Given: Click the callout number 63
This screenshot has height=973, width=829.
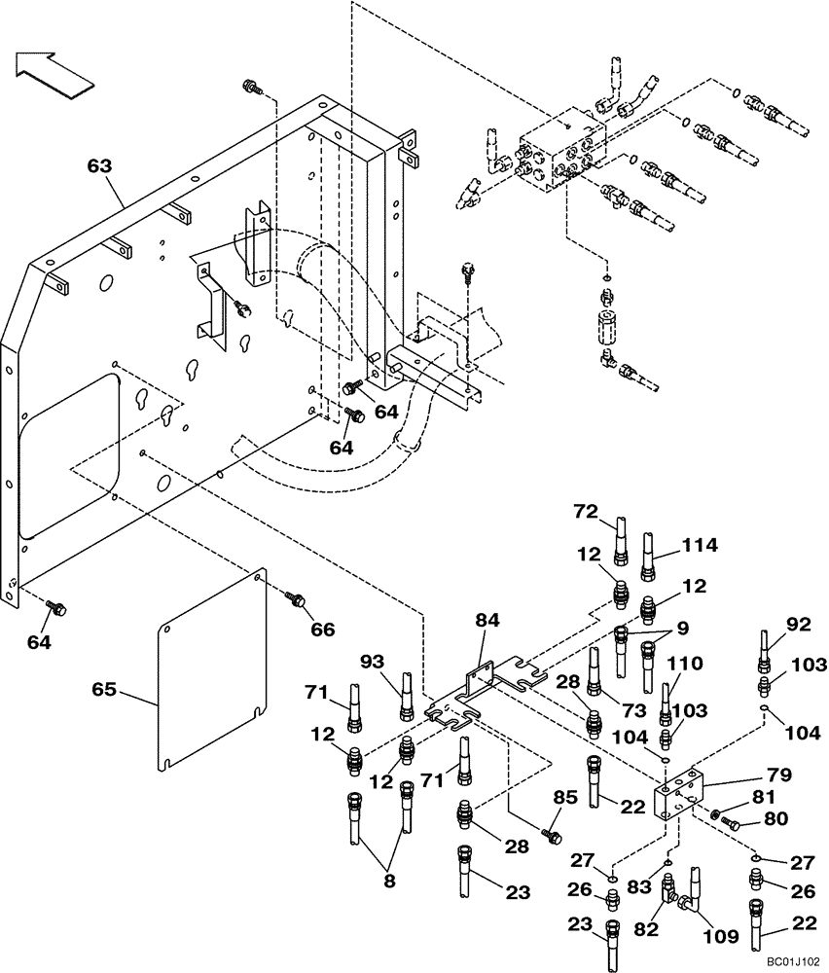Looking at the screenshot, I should (x=99, y=166).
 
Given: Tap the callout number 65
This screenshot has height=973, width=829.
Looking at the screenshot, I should (x=104, y=691).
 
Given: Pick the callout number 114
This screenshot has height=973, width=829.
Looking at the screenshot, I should (x=699, y=546).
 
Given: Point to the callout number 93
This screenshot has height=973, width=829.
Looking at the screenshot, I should (x=373, y=661).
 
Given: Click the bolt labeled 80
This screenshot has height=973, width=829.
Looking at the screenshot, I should (x=731, y=823).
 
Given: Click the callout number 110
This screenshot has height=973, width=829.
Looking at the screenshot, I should (x=683, y=665).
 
